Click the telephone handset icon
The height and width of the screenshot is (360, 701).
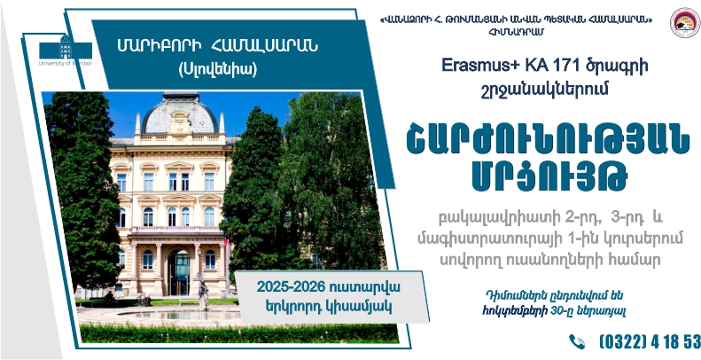[577, 341]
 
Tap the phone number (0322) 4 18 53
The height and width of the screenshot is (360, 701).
[650, 342]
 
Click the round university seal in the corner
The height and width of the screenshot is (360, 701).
[685, 22]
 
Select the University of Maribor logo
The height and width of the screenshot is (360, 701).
[66, 50]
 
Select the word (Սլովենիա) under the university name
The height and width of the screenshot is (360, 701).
[217, 69]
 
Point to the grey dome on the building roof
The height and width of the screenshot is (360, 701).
[180, 114]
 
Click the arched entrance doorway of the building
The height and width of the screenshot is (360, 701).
[179, 272]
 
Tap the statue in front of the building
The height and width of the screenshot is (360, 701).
[204, 294]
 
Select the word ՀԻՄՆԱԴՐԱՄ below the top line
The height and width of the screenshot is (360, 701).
[517, 31]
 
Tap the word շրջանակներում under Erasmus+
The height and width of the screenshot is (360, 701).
[545, 90]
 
